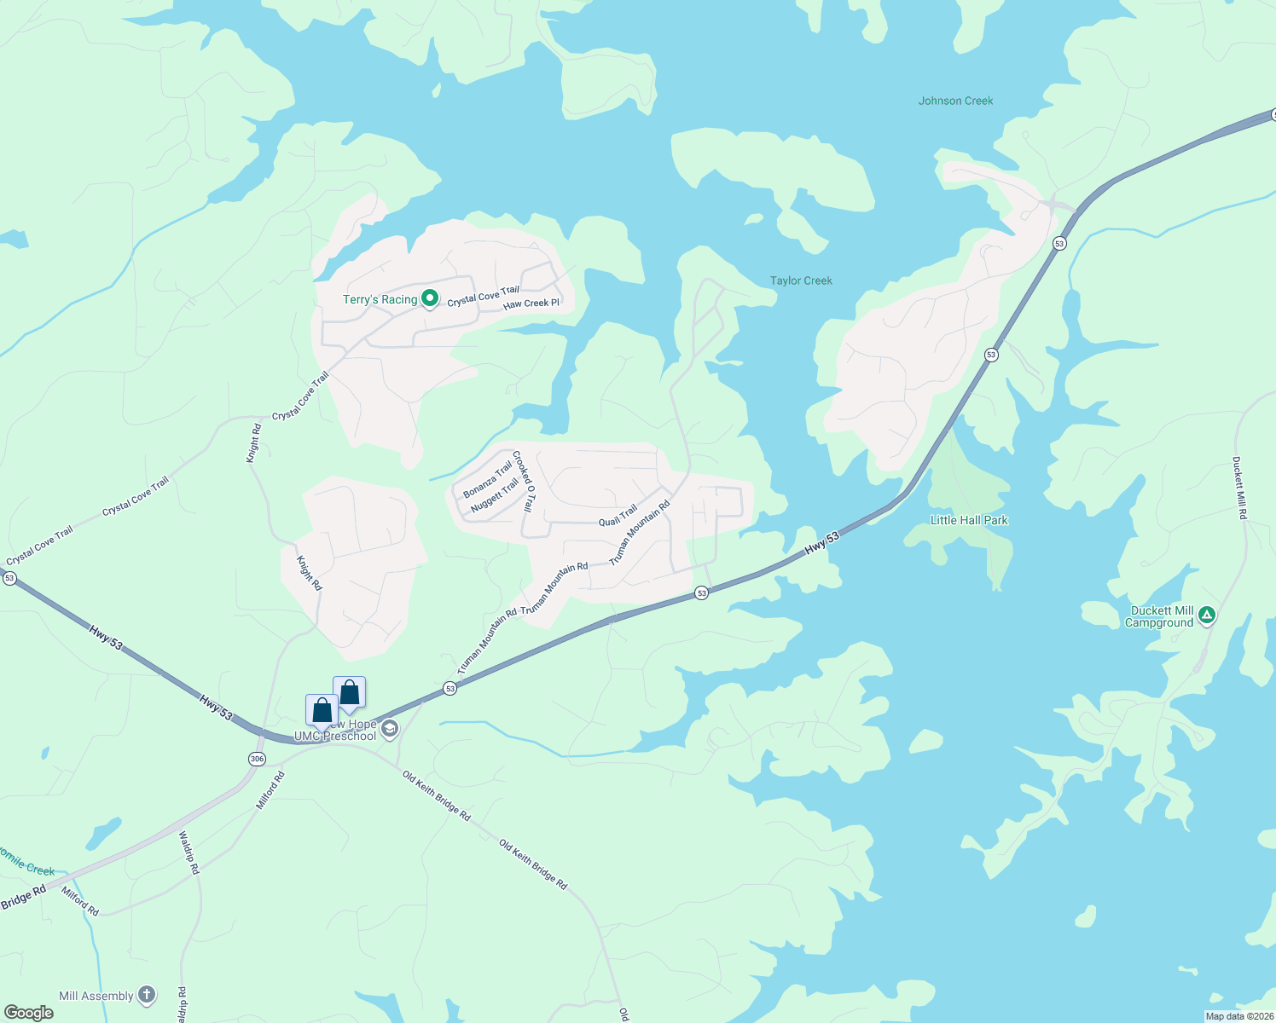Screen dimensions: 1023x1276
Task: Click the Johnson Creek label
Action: tap(955, 101)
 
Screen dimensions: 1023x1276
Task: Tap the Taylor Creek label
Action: tap(801, 280)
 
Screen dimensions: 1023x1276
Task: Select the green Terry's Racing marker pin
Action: tap(431, 298)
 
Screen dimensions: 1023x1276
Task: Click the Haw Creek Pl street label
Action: tap(531, 303)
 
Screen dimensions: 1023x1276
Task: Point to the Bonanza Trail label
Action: tap(487, 480)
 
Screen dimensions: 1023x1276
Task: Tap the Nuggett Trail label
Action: tap(495, 495)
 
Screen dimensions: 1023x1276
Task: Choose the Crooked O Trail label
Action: tap(524, 482)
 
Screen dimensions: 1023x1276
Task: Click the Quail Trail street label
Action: tap(618, 516)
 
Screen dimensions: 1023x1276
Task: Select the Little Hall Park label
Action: tap(969, 520)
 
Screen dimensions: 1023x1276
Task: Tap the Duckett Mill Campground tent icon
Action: tap(1206, 614)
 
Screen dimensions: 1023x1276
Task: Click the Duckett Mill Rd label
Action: tap(1239, 488)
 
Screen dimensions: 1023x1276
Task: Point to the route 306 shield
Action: tap(257, 759)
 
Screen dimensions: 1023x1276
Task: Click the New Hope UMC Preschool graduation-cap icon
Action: tap(390, 728)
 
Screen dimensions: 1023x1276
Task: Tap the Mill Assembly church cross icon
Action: tap(147, 995)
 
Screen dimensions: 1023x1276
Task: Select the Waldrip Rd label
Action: tap(188, 852)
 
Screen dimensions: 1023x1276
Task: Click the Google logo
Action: tap(28, 1013)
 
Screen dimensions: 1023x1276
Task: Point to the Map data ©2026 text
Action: tap(1238, 1016)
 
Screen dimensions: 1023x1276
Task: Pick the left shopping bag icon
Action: tap(322, 709)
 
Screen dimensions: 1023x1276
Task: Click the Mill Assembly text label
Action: tap(96, 996)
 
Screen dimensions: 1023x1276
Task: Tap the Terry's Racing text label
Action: tap(380, 299)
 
